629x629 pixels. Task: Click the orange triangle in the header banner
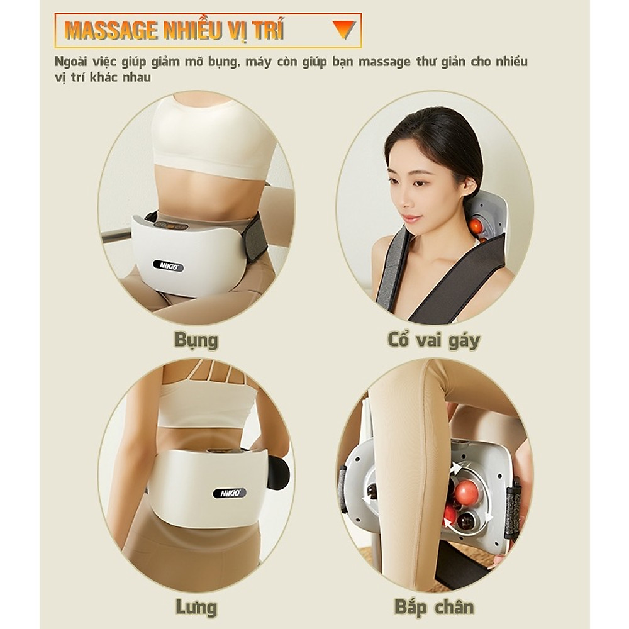pyautogui.click(x=343, y=29)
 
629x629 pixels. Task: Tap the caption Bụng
pyautogui.click(x=196, y=340)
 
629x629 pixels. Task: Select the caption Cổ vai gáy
pyautogui.click(x=433, y=340)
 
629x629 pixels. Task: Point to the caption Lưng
pyautogui.click(x=196, y=607)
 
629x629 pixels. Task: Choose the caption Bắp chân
pyautogui.click(x=433, y=607)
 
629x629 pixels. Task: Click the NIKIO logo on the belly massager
pyautogui.click(x=168, y=266)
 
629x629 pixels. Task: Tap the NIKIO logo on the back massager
pyautogui.click(x=229, y=493)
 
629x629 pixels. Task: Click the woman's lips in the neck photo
pyautogui.click(x=410, y=220)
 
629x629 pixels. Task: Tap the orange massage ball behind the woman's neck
pyautogui.click(x=476, y=226)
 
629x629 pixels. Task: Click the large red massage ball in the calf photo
pyautogui.click(x=466, y=493)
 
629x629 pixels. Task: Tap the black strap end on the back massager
pyautogui.click(x=277, y=472)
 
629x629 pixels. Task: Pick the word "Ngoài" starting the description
pyautogui.click(x=70, y=62)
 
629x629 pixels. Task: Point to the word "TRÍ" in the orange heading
pyautogui.click(x=269, y=30)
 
